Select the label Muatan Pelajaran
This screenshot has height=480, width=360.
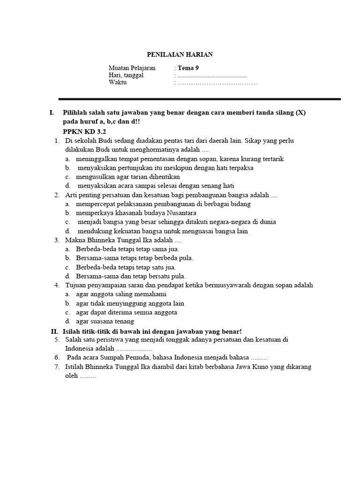(x=132, y=68)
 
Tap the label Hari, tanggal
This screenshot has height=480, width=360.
(x=126, y=75)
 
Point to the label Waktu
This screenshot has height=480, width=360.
(x=118, y=83)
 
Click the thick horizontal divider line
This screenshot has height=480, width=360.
(x=199, y=99)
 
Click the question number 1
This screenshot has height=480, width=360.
(x=56, y=141)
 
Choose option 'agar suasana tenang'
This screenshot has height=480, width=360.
(x=105, y=321)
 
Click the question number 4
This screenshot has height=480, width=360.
(x=56, y=285)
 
